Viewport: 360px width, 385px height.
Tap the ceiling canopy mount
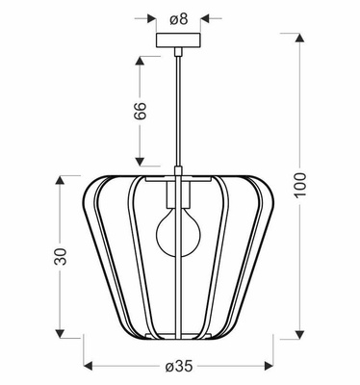click(179, 44)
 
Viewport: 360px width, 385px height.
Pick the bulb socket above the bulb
click(179, 196)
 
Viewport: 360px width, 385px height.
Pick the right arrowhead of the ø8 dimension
click(203, 16)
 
